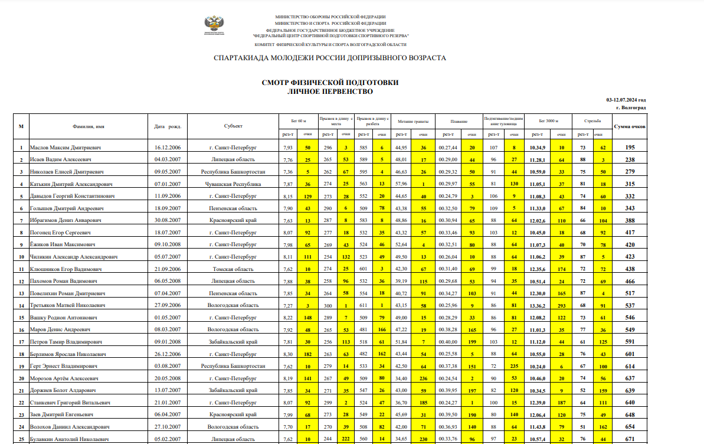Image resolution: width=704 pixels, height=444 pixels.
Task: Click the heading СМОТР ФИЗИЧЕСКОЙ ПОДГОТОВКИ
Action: [330, 83]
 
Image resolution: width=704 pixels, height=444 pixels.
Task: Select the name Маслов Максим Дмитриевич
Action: [66, 148]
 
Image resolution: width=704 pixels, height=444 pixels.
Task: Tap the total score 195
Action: [630, 148]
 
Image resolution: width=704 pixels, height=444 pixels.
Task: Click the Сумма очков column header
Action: [630, 126]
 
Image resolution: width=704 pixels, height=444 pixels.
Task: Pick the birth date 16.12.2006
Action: [167, 148]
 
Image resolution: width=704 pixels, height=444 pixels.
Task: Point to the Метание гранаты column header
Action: [413, 120]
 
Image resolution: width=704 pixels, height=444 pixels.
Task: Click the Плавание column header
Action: [459, 120]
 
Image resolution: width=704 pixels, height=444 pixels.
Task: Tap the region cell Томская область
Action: [233, 269]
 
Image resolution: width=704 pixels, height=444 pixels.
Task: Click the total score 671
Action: [630, 439]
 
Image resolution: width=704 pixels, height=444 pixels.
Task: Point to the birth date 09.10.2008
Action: [167, 244]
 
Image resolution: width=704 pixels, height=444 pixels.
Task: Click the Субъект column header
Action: [233, 126]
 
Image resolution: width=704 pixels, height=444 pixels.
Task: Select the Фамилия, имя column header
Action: [89, 126]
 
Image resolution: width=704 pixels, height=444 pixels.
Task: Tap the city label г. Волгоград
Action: [631, 107]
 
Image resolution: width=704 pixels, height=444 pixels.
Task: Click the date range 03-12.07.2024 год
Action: [626, 100]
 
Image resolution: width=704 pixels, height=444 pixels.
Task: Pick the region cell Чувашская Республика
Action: [233, 184]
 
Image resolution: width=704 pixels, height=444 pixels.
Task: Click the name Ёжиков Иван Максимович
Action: [63, 244]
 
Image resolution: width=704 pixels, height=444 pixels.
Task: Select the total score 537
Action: [630, 305]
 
